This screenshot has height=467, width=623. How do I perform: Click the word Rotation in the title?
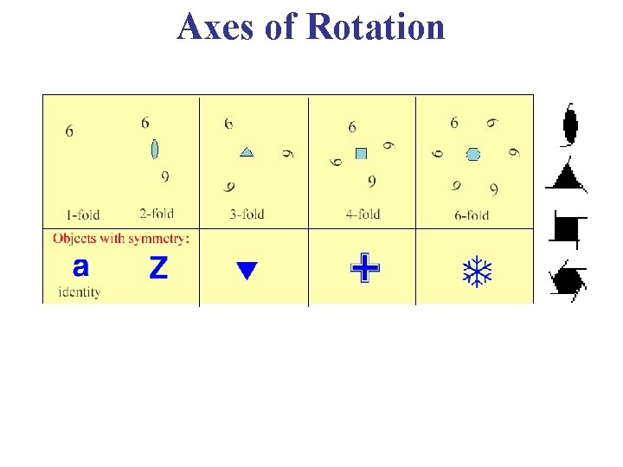[375, 27]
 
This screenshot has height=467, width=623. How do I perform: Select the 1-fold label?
[83, 214]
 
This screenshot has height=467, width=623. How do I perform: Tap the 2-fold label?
[156, 213]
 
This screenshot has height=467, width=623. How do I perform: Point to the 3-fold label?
[247, 214]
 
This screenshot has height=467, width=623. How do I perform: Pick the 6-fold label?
[471, 215]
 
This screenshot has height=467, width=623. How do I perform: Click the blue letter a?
[80, 265]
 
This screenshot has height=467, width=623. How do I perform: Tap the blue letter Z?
[158, 268]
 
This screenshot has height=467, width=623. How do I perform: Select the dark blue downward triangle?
[247, 270]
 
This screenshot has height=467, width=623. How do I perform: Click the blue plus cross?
[365, 267]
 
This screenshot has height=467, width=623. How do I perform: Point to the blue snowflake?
[477, 271]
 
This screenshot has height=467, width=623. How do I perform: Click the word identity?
[80, 291]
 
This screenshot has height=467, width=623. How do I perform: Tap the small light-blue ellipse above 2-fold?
[155, 149]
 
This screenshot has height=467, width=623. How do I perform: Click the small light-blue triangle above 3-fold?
[247, 151]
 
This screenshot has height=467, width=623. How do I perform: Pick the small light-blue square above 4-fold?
[361, 154]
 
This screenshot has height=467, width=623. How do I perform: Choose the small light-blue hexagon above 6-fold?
[472, 154]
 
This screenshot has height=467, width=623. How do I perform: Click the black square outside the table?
[567, 228]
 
